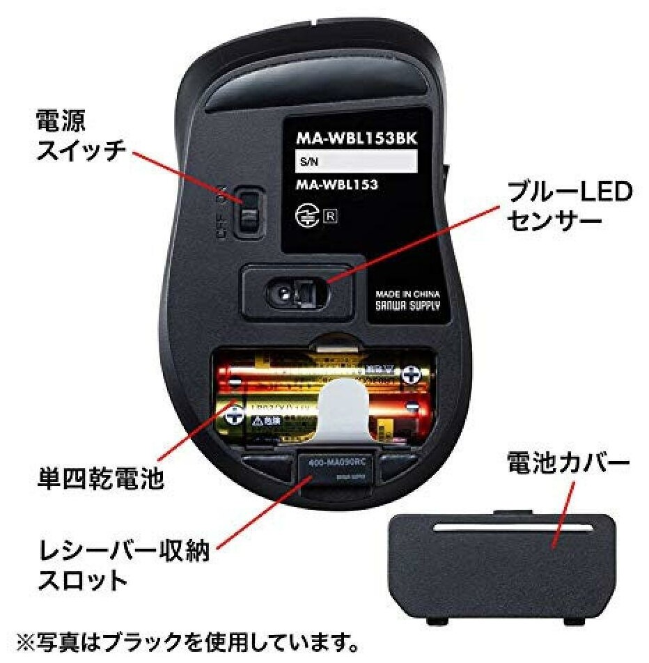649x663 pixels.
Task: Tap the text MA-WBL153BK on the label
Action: pos(357,138)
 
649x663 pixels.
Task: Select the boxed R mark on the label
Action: pos(329,215)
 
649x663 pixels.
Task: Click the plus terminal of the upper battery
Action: pos(414,377)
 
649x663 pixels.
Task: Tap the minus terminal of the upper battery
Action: pos(235,382)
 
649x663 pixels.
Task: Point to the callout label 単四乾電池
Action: pos(100,479)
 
